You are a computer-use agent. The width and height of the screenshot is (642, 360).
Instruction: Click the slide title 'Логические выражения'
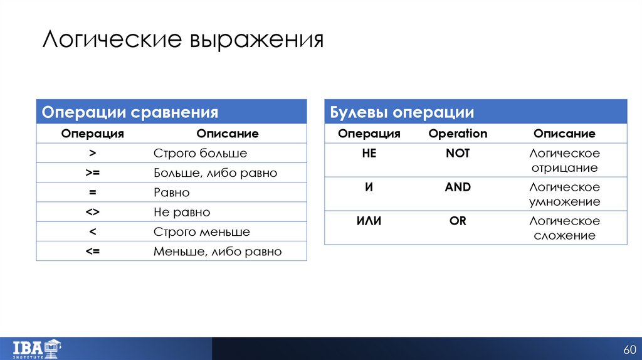click(183, 40)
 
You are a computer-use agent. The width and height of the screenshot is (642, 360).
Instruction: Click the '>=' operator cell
click(93, 172)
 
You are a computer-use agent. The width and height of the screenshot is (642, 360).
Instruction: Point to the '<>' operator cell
click(93, 212)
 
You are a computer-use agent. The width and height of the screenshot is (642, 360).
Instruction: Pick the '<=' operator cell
click(93, 251)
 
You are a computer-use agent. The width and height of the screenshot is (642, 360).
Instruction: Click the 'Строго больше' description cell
click(200, 153)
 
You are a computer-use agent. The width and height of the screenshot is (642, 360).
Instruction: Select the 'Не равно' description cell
click(182, 212)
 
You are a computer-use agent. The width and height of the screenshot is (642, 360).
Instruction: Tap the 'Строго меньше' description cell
click(202, 232)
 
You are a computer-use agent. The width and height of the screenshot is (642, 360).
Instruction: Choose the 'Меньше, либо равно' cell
click(218, 251)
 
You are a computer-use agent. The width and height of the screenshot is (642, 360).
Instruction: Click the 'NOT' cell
click(458, 153)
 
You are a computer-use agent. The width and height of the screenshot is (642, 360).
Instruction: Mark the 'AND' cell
click(458, 187)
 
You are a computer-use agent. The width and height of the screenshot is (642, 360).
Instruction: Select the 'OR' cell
click(458, 221)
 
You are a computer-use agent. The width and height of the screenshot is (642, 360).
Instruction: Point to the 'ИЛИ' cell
click(369, 221)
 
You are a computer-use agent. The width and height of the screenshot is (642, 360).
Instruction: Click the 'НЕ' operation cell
click(369, 153)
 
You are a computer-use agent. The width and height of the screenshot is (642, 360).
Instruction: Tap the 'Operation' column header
click(458, 134)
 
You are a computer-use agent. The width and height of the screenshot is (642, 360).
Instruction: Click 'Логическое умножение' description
click(564, 194)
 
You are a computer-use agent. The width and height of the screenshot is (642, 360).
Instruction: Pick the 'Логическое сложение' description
click(564, 228)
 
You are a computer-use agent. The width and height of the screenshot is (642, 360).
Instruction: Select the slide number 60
click(629, 349)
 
